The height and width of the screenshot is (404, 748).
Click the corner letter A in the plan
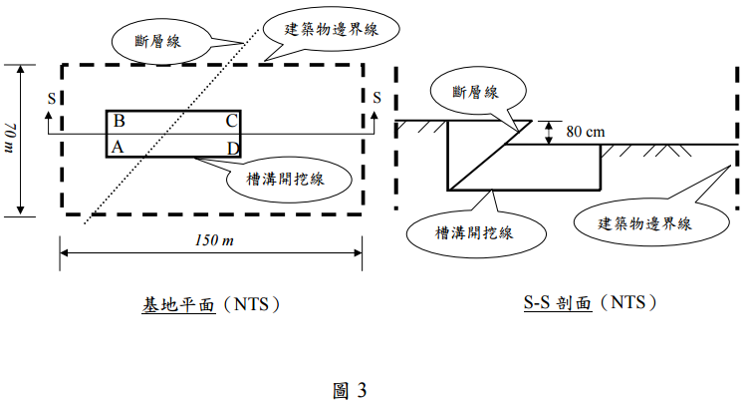tap(118, 147)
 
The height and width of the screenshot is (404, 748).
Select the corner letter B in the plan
tap(119, 122)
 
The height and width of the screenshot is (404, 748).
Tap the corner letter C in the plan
tap(230, 122)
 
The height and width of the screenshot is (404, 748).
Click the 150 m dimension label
tap(211, 242)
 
